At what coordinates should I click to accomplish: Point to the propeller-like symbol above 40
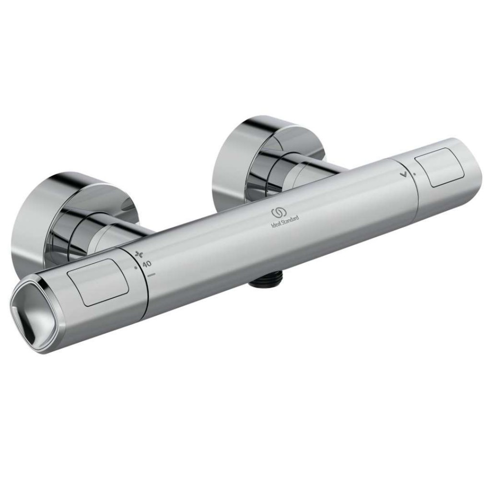coord(140,255)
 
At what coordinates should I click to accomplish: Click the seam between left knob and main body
coord(144,288)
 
